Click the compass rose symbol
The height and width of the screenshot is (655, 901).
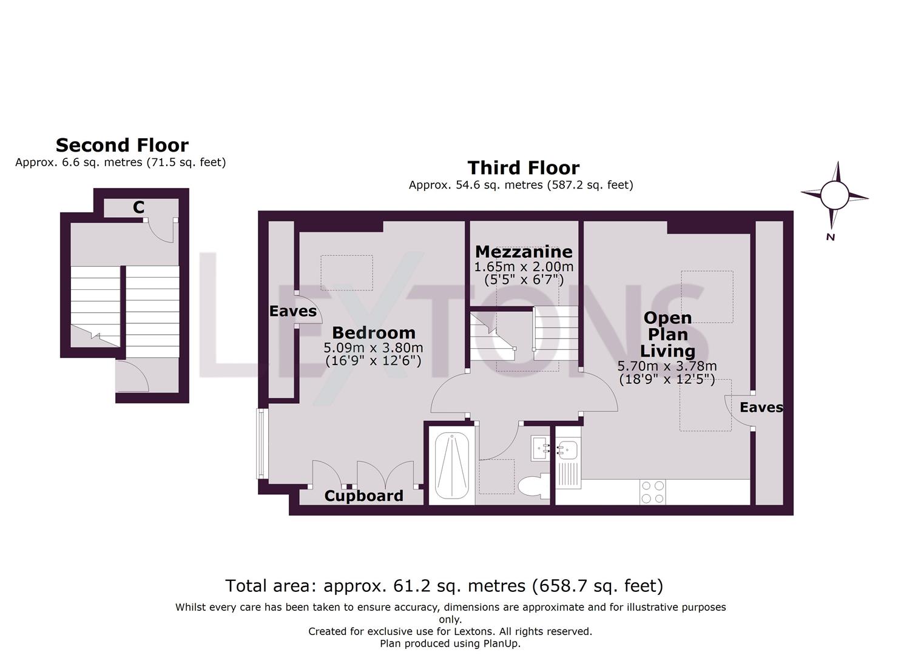click(x=834, y=195)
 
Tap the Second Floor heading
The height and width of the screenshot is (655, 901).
click(x=122, y=145)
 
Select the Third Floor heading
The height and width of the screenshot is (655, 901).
click(x=523, y=167)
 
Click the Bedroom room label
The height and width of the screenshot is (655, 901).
click(x=374, y=332)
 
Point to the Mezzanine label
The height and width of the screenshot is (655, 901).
click(x=524, y=251)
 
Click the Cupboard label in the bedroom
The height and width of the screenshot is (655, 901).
click(x=363, y=495)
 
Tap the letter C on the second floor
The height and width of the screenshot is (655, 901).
click(x=138, y=207)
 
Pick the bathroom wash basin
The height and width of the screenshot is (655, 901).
click(x=540, y=448)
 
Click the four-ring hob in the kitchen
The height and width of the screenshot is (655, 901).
click(x=652, y=492)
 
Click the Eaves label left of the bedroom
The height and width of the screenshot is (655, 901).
click(x=293, y=311)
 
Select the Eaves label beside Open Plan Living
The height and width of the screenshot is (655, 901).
click(x=761, y=408)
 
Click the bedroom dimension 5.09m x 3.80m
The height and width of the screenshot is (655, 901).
click(x=373, y=348)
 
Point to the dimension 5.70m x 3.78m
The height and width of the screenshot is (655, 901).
click(x=667, y=366)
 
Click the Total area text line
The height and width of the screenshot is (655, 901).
click(x=444, y=586)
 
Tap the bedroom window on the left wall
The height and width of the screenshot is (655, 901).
click(x=262, y=443)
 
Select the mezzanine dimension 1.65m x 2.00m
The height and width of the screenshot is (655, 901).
click(x=524, y=267)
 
